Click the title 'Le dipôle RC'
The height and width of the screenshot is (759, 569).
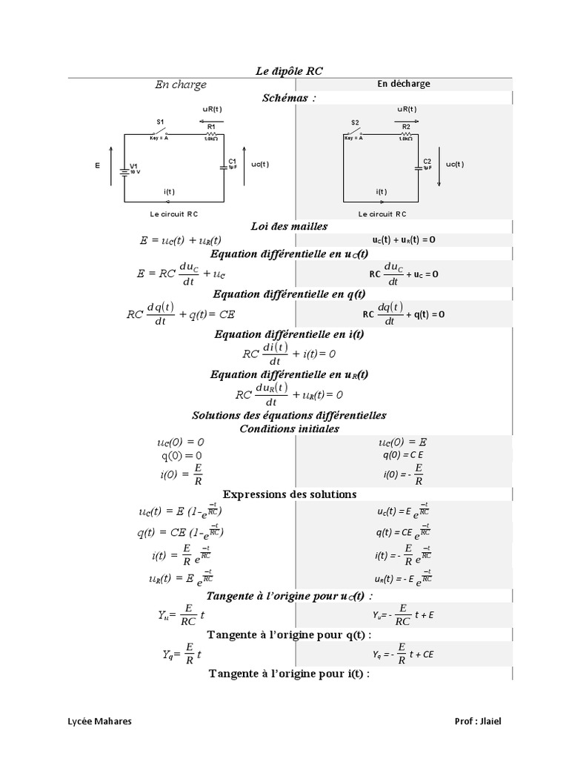click(x=289, y=71)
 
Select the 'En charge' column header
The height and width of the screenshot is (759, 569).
click(x=181, y=84)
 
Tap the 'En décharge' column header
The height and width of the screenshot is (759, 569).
click(x=403, y=84)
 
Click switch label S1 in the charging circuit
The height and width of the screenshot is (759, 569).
click(x=159, y=122)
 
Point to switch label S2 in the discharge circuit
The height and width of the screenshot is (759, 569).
click(x=355, y=122)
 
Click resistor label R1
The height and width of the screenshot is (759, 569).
click(x=211, y=127)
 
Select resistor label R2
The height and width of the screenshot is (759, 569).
click(x=405, y=127)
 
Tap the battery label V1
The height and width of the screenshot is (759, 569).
click(x=134, y=165)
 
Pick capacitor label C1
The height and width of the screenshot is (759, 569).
click(x=232, y=161)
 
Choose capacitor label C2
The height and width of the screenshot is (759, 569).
click(x=427, y=161)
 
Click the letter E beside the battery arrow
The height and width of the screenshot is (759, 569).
click(x=97, y=166)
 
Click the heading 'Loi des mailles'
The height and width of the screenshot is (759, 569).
click(x=290, y=226)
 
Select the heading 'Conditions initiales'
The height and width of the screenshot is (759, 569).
click(x=290, y=428)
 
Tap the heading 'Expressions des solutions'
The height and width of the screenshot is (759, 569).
click(x=290, y=494)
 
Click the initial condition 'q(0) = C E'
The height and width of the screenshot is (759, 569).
click(x=402, y=454)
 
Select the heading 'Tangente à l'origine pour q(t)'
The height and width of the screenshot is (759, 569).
click(x=290, y=634)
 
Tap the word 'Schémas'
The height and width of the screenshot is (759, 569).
click(x=288, y=98)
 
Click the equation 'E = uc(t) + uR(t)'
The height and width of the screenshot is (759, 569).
click(x=180, y=240)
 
